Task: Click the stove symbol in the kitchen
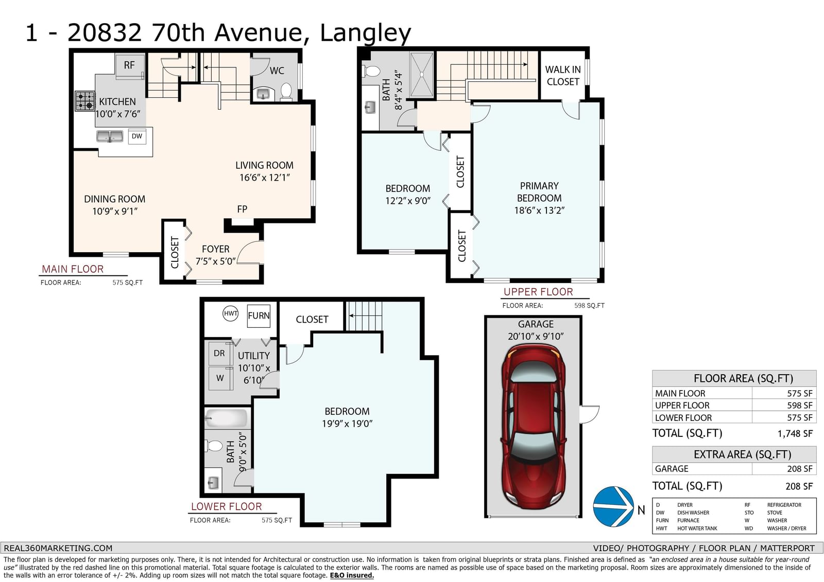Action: point(85,101)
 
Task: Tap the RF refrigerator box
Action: point(129,66)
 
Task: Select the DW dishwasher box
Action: point(137,136)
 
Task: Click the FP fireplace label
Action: point(242,209)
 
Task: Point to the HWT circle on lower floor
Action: point(231,313)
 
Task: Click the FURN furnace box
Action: point(259,315)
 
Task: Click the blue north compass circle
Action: point(613,506)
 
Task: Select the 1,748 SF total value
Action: point(795,434)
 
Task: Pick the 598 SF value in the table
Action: point(800,405)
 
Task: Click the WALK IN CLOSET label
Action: point(563,75)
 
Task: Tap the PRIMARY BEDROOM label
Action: point(539,192)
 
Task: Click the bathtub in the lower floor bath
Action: point(226,418)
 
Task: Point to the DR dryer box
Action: point(220,354)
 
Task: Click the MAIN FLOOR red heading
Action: point(73,269)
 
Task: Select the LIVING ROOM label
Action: point(265,166)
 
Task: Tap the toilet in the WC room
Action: point(286,92)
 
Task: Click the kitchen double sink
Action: point(110,136)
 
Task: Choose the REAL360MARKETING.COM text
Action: point(58,548)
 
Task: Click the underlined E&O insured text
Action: point(352,575)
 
